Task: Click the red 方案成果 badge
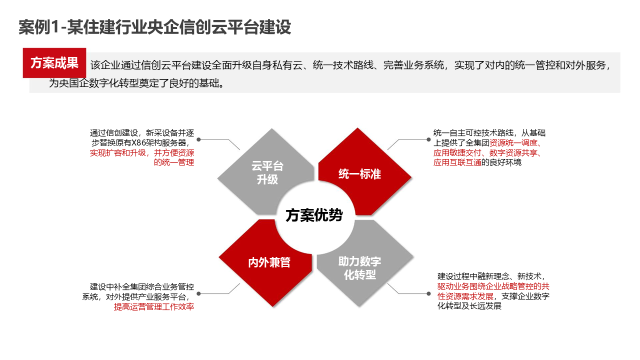pyautogui.click(x=54, y=63)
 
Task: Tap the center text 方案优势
pyautogui.click(x=314, y=215)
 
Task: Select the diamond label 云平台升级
pyautogui.click(x=267, y=173)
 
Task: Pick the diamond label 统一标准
pyautogui.click(x=359, y=174)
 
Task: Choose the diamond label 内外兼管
pyautogui.click(x=269, y=262)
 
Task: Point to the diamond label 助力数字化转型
pyautogui.click(x=359, y=268)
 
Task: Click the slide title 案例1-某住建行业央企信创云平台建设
pyautogui.click(x=154, y=27)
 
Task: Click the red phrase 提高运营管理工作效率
pyautogui.click(x=154, y=307)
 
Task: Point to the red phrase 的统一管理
pyautogui.click(x=174, y=162)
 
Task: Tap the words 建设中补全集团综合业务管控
pyautogui.click(x=142, y=287)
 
